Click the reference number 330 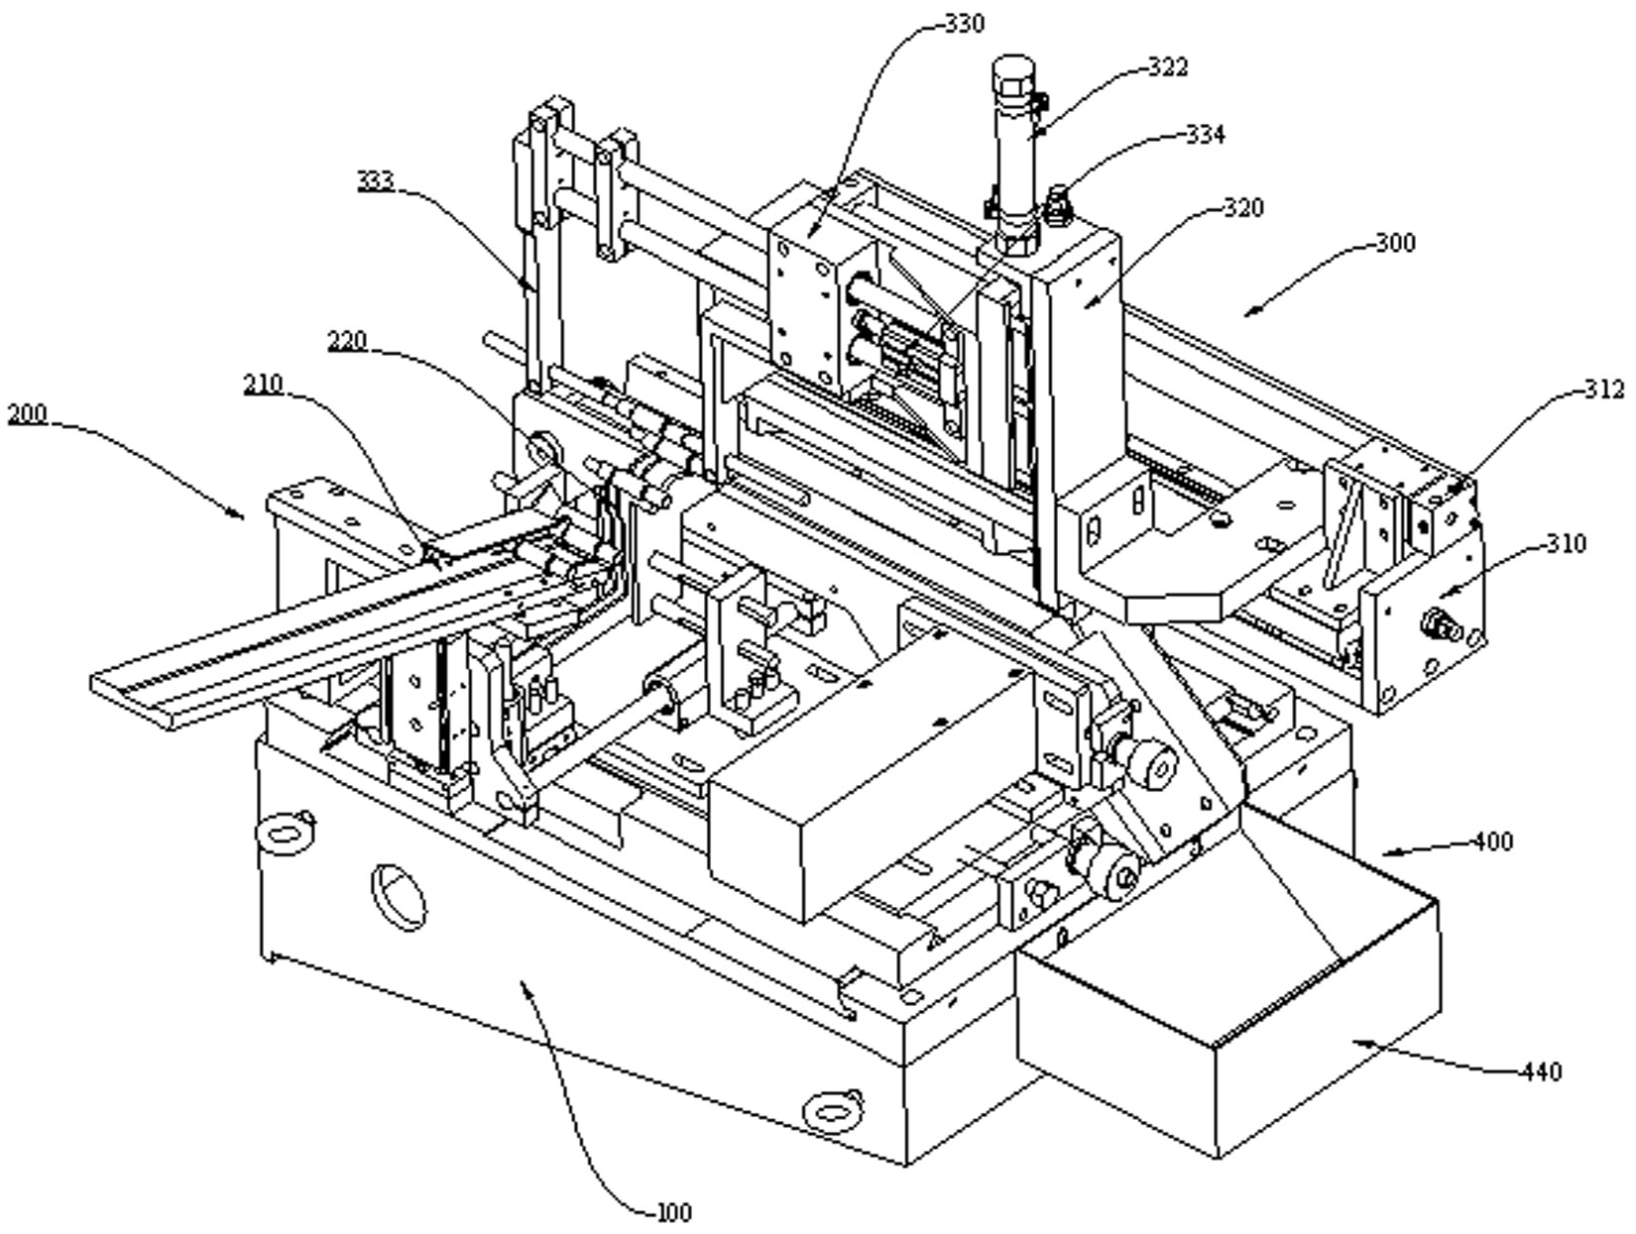965,24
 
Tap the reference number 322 1167,67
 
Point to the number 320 1244,207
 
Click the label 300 1394,243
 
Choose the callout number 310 1566,543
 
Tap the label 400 1493,842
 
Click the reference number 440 1541,1071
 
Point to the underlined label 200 27,413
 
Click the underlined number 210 263,385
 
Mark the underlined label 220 347,341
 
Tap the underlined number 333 376,181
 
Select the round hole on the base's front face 399,897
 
